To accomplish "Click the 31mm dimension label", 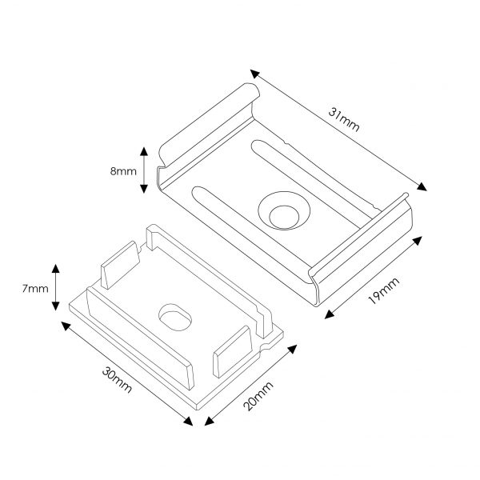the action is pos(344,120).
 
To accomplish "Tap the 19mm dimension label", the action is pos(384,290).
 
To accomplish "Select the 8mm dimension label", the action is pos(123,171).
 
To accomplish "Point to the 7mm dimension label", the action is pos(35,288).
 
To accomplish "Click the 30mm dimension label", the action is pos(117,379).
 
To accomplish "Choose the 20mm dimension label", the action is pos(258,396).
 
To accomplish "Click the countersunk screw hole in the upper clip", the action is pos(284,210).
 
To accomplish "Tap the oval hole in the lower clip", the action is pos(175,317).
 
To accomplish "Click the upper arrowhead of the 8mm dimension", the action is pos(144,151).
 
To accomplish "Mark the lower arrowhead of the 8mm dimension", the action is pos(144,189).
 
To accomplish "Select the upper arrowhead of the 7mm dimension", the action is pos(55,269).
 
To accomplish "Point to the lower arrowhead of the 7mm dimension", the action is pos(55,306).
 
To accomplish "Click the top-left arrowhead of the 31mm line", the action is pos(254,74).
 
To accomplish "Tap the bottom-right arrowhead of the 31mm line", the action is pos(422,186).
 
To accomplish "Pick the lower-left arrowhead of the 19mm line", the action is pos(329,314).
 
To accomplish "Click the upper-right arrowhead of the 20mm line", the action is pos(292,350).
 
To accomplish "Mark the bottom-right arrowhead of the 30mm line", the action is pos(188,421).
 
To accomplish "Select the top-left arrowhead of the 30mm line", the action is pos(66,326).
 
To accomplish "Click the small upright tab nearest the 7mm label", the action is pos(120,265).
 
